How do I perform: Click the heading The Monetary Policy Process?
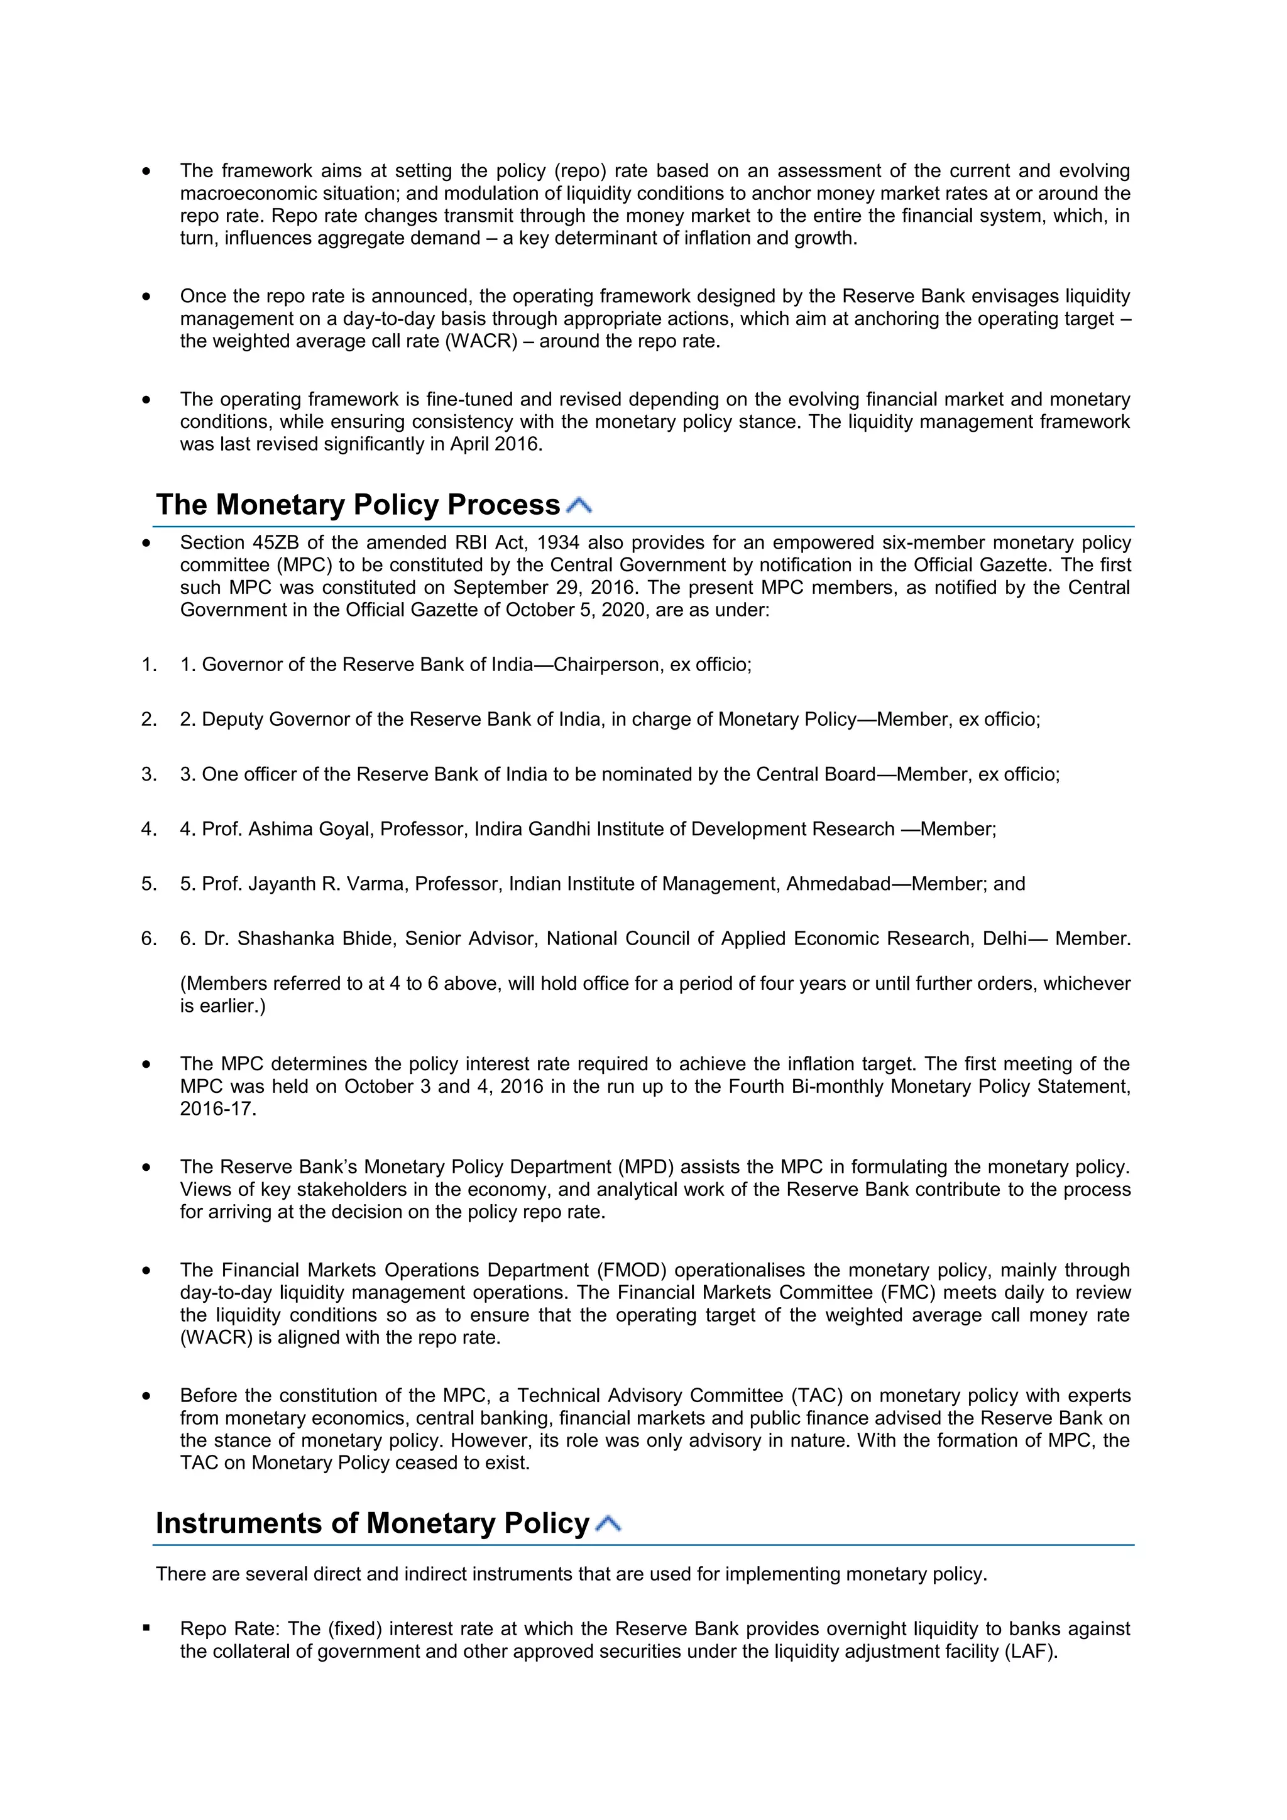[358, 505]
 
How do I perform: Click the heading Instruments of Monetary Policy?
[373, 1523]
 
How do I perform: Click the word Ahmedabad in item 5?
[838, 884]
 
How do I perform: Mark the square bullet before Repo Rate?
[146, 1629]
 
